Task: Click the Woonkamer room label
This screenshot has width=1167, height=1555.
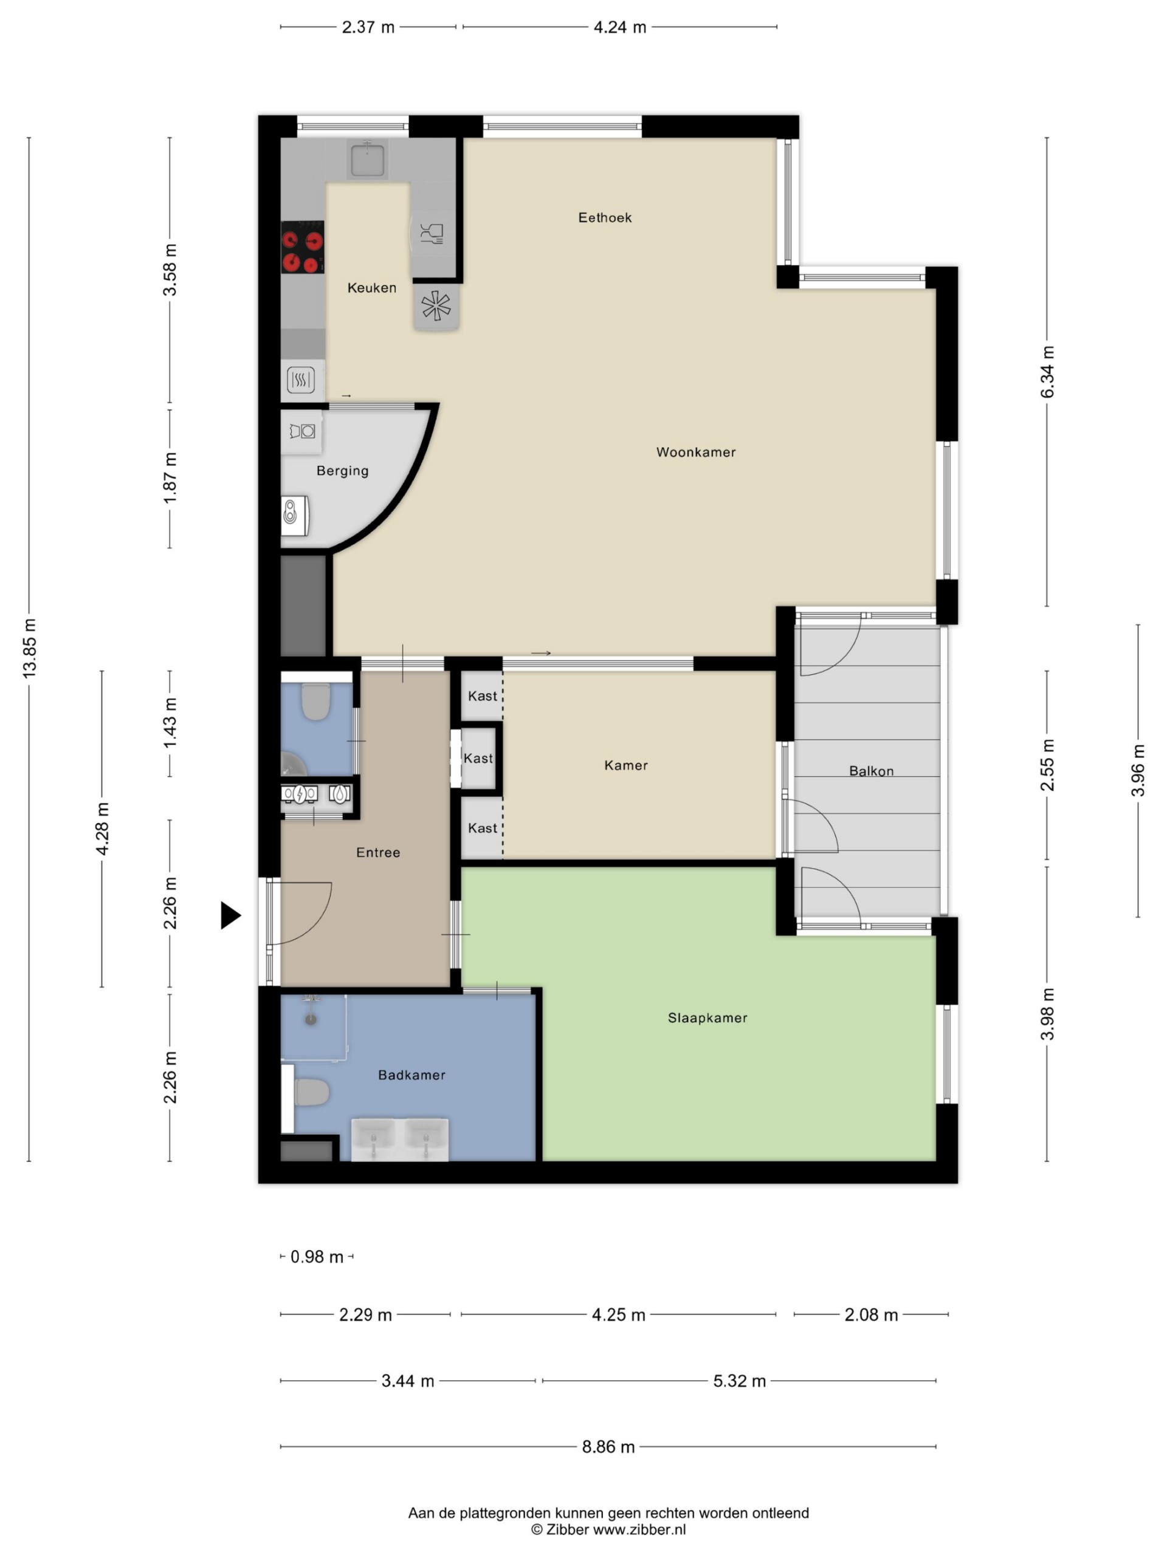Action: tap(696, 452)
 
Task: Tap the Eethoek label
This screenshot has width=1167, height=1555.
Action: tap(605, 217)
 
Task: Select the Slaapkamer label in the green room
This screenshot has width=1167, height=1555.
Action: tap(707, 1017)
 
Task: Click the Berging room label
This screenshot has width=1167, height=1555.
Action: tap(343, 470)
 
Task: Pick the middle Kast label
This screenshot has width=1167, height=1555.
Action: tap(478, 758)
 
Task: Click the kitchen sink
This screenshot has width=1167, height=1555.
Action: tap(367, 159)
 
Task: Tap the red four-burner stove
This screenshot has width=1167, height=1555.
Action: tap(303, 247)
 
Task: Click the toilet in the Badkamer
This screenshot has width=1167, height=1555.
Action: tap(312, 1092)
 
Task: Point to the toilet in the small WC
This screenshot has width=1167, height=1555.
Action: tap(316, 701)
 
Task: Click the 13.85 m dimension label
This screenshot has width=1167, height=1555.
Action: tap(29, 648)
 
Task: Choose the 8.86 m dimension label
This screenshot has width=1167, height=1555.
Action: tap(608, 1446)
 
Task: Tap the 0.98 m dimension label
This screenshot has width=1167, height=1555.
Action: tap(317, 1256)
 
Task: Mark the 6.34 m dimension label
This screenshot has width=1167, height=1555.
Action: tap(1047, 371)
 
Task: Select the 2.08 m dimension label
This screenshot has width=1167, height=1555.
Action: tap(871, 1314)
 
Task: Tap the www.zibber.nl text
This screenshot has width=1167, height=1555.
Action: tap(639, 1529)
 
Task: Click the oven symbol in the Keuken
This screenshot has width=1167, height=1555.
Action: tap(301, 380)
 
